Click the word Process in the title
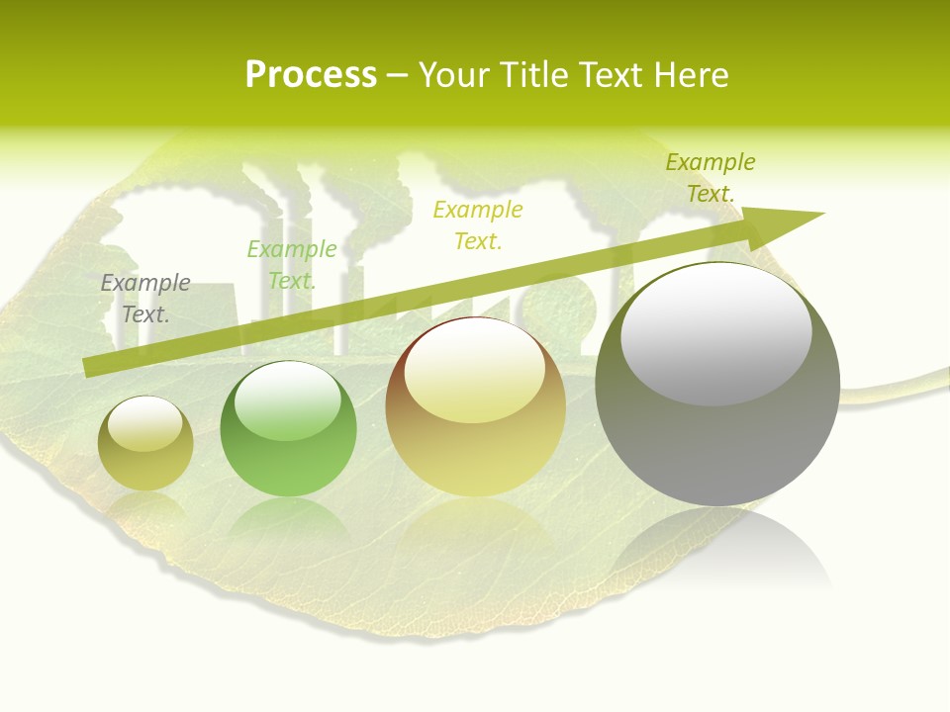click(x=311, y=75)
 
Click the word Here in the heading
click(x=691, y=75)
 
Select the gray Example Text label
click(x=145, y=299)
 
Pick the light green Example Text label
click(x=292, y=265)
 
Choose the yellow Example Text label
click(x=478, y=225)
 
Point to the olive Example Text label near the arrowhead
click(x=711, y=178)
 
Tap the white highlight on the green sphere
click(x=288, y=400)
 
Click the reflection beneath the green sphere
click(x=288, y=519)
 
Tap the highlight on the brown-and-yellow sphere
click(x=474, y=371)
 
